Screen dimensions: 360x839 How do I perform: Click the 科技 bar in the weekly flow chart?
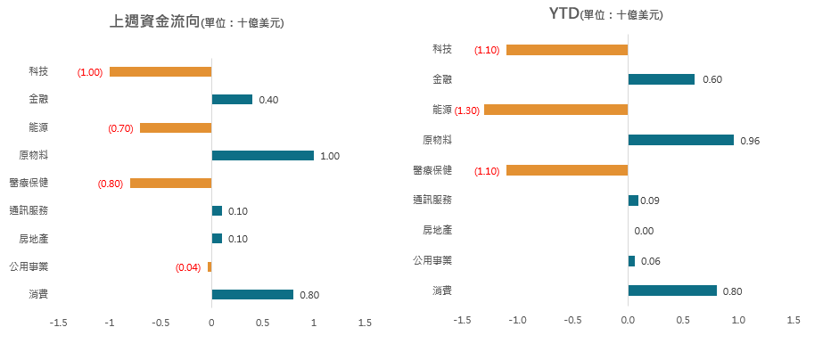coord(160,71)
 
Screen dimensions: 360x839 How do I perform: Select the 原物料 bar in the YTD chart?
coord(681,140)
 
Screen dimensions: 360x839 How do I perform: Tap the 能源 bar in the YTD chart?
coord(555,110)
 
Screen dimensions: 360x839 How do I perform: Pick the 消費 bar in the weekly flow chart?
coord(252,294)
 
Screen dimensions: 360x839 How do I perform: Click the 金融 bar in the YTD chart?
coord(661,79)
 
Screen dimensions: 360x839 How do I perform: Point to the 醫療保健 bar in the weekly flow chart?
coord(170,183)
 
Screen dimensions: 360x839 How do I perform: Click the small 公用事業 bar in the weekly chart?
coord(210,266)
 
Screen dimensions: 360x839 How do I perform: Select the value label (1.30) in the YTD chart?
coord(468,110)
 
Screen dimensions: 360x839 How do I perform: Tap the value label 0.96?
coord(749,140)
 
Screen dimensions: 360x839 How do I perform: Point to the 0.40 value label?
coord(268,100)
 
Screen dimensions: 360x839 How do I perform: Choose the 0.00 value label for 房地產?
coord(644,231)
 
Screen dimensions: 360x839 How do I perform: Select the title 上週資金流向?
coord(154,21)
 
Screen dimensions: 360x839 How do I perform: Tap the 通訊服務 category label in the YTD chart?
coord(432,200)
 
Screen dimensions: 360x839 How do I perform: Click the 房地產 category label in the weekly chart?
coord(34,239)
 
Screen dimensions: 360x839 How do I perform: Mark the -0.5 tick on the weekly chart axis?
coord(160,323)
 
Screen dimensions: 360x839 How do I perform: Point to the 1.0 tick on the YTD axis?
coord(738,320)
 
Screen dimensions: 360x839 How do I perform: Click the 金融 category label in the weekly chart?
coord(38,99)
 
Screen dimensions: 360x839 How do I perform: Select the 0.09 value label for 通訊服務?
coord(650,200)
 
